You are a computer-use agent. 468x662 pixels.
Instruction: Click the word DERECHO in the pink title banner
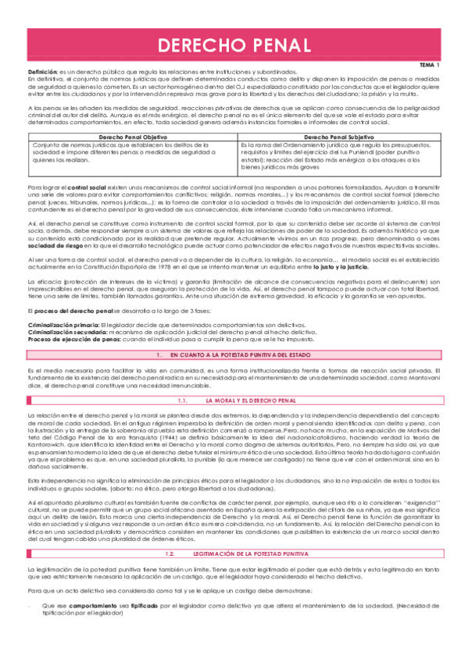[195, 46]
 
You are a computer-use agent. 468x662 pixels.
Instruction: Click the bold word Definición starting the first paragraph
[42, 72]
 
